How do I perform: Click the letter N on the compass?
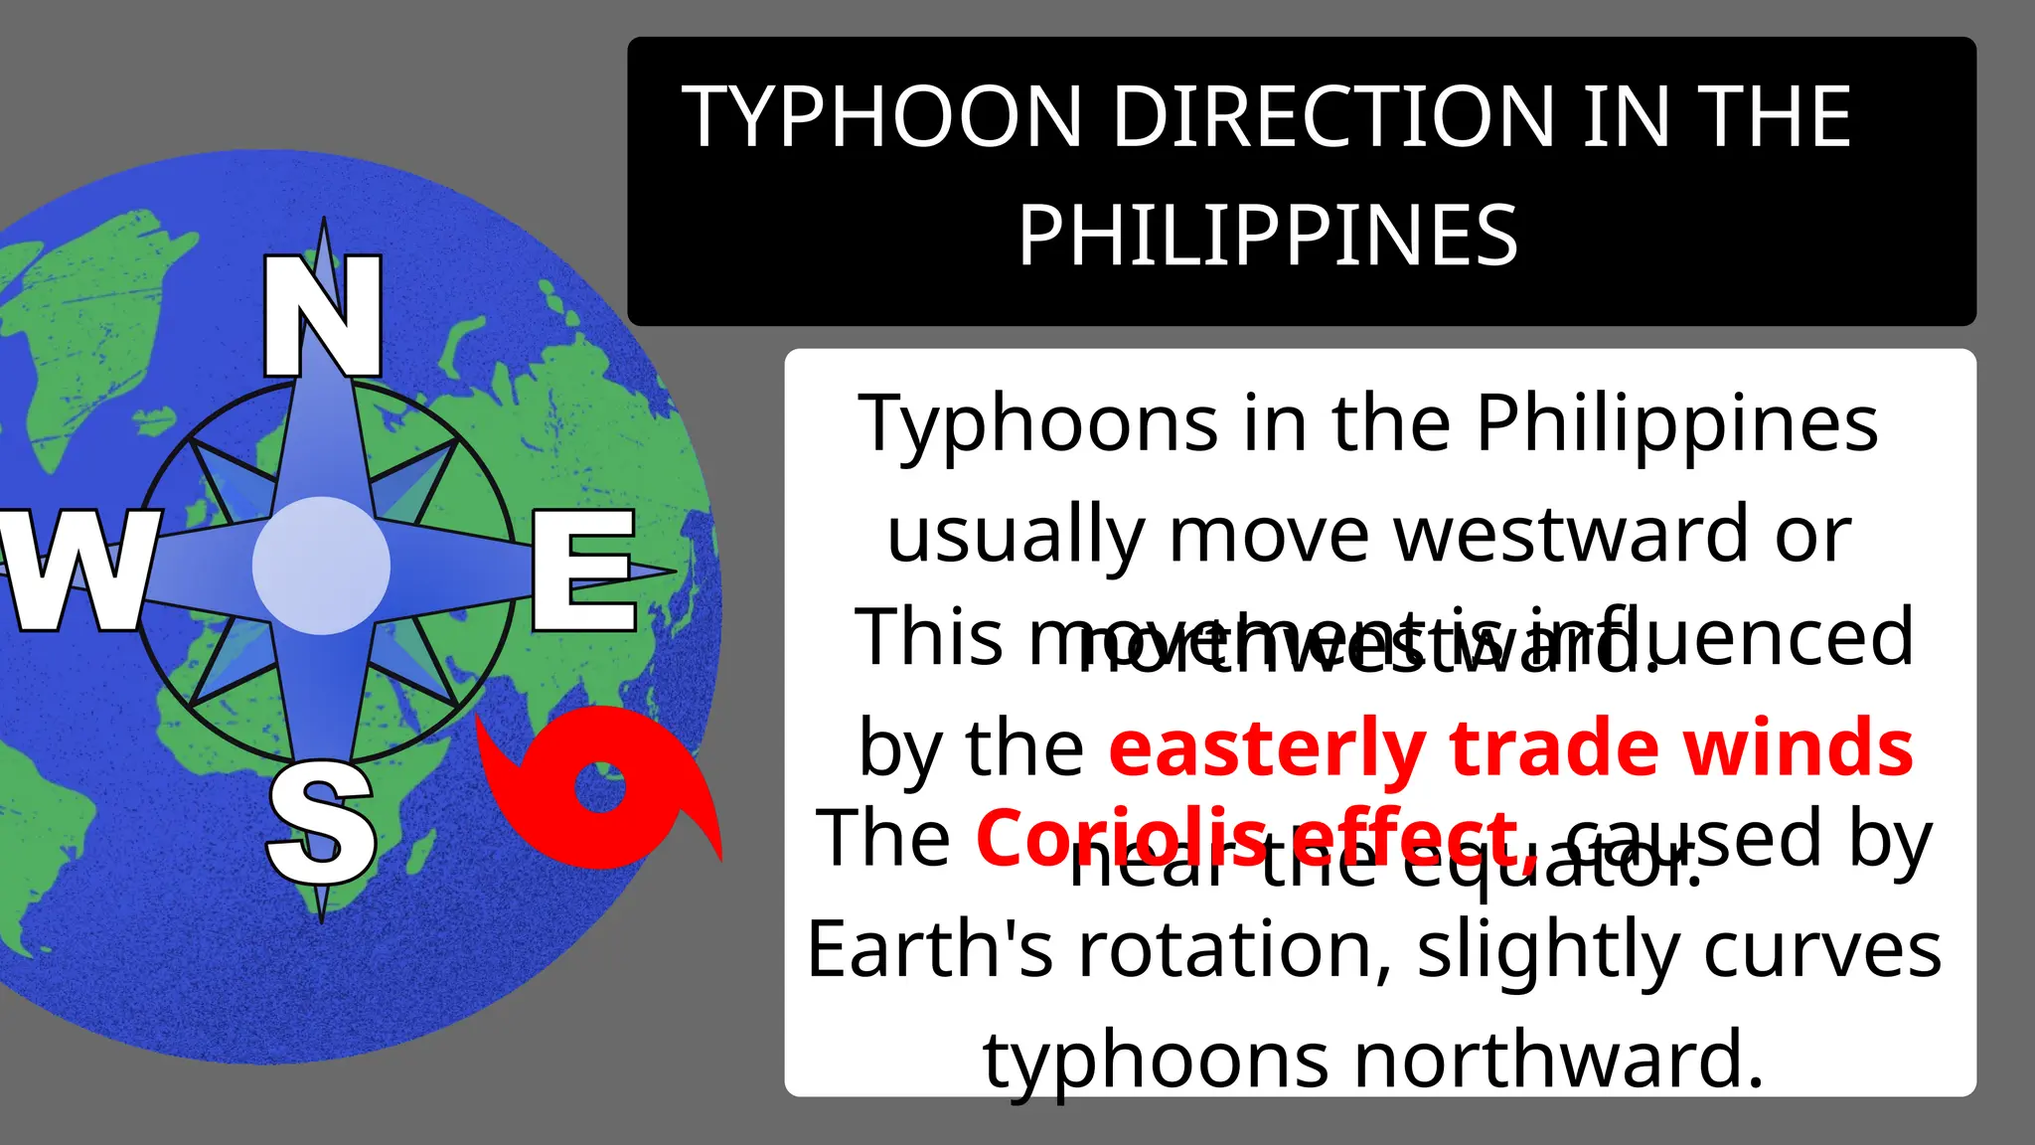click(323, 316)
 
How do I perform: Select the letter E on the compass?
click(583, 571)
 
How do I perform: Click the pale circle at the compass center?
click(321, 566)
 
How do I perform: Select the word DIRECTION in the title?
click(1332, 117)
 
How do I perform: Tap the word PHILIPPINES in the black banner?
click(1268, 237)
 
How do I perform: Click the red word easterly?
click(1267, 747)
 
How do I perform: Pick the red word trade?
click(1556, 747)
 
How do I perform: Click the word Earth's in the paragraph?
click(929, 950)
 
